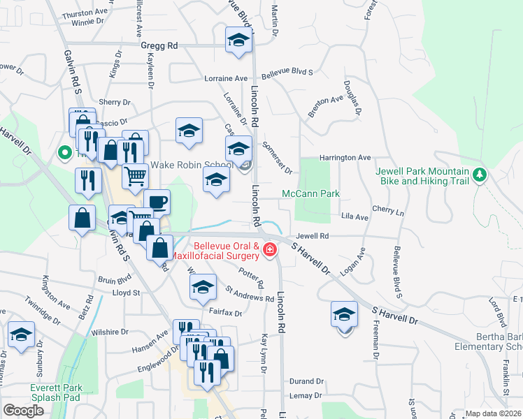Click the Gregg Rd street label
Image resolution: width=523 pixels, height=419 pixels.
[x=159, y=45]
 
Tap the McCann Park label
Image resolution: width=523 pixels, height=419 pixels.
[x=310, y=193]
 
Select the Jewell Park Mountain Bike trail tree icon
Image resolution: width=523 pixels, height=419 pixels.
[x=479, y=174]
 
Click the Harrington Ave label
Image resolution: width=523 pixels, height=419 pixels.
[x=345, y=158]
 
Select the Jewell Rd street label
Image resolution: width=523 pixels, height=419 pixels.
[x=312, y=237]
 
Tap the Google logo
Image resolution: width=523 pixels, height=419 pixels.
[x=23, y=411]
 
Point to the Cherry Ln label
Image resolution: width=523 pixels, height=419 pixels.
[x=389, y=209]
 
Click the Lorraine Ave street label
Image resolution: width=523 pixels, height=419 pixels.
[x=226, y=78]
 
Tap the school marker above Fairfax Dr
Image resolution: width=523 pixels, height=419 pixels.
[x=203, y=286]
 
